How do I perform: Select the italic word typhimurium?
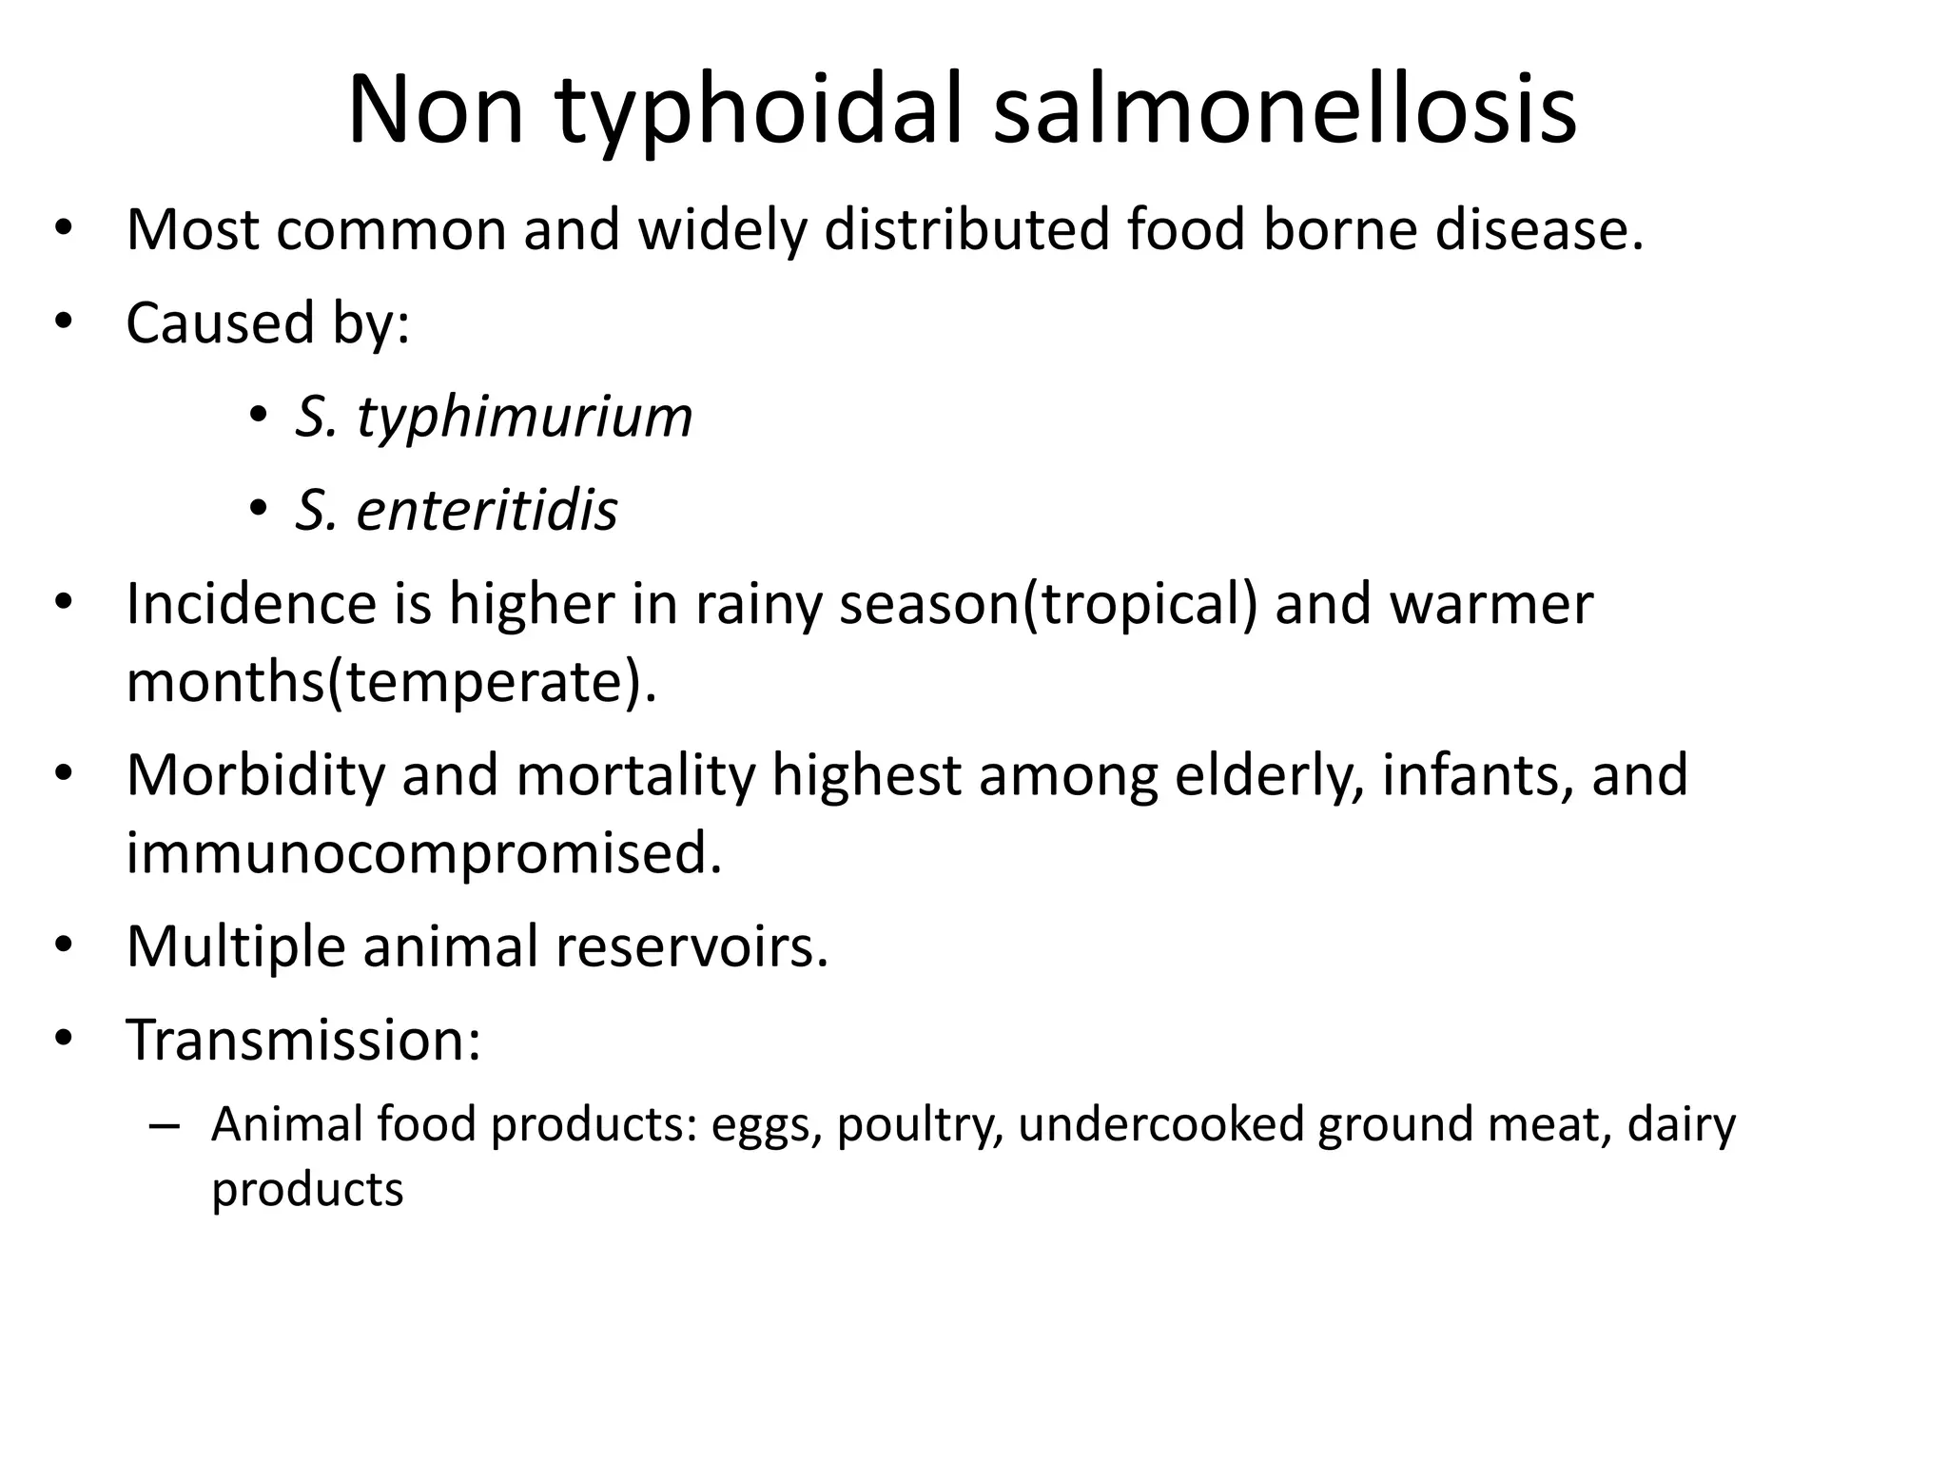[x=524, y=419]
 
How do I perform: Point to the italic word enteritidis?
[x=486, y=510]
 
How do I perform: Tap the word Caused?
[x=220, y=322]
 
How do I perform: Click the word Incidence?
[x=279, y=604]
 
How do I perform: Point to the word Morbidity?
[x=255, y=775]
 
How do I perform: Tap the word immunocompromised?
[x=424, y=853]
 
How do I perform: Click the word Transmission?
[x=303, y=1040]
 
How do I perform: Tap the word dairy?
[x=1682, y=1124]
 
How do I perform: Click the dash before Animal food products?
[x=164, y=1126]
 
